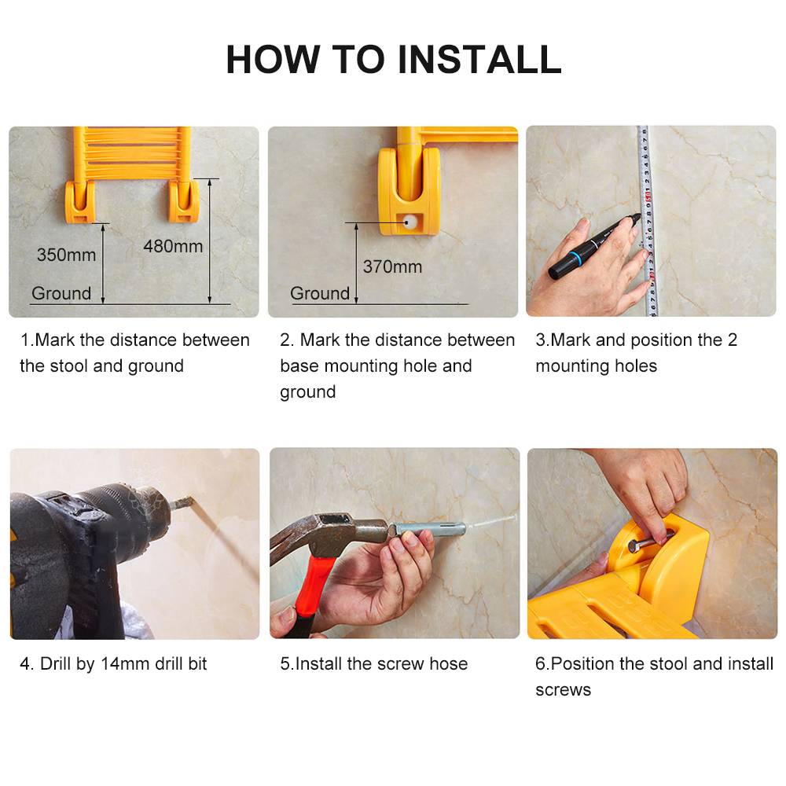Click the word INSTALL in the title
[x=479, y=60]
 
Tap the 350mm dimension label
[x=66, y=255]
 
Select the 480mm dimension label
[x=173, y=246]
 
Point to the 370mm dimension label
[x=392, y=266]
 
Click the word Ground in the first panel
[x=61, y=293]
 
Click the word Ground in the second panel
[x=320, y=293]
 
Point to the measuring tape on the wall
[x=647, y=221]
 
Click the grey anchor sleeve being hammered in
[x=428, y=529]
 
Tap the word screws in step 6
[x=563, y=690]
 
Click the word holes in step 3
[x=636, y=366]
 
